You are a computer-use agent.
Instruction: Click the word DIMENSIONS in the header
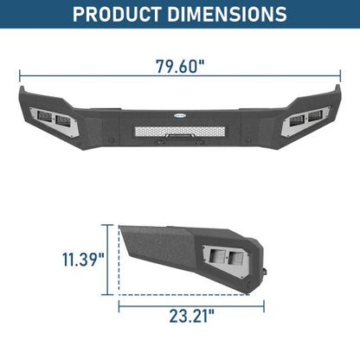[x=227, y=15]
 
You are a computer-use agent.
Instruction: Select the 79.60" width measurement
[x=180, y=67]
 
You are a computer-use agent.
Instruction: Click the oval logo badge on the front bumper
[x=180, y=112]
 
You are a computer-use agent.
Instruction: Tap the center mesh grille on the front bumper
[x=180, y=132]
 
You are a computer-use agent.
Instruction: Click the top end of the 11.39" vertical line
[x=110, y=225]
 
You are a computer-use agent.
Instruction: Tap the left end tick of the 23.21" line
[x=119, y=304]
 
